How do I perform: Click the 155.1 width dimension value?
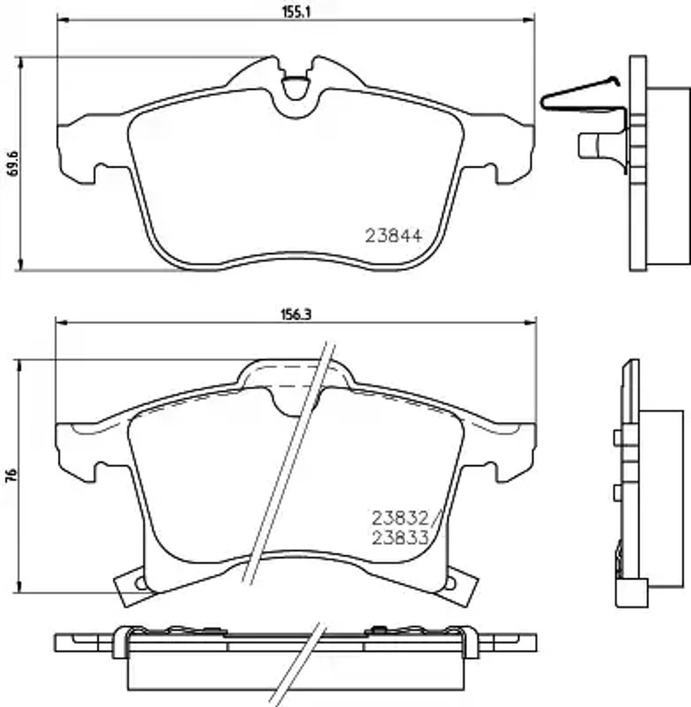click(x=296, y=12)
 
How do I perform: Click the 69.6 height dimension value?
click(x=13, y=164)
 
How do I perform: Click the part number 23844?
click(x=394, y=236)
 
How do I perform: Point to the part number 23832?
click(x=400, y=517)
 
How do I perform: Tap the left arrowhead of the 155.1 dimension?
click(x=62, y=19)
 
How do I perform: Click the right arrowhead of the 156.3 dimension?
click(x=531, y=323)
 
